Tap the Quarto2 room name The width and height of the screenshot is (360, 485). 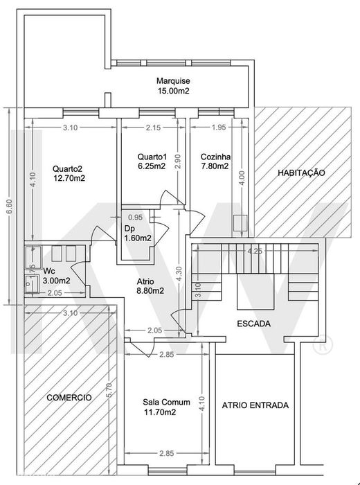[67, 167]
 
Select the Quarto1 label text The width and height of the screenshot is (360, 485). [152, 157]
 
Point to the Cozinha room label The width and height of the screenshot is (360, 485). [215, 157]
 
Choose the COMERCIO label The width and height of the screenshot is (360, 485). [69, 398]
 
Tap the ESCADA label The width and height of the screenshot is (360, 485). [253, 324]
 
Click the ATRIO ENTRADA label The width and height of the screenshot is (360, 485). [255, 405]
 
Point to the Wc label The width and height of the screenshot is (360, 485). [48, 271]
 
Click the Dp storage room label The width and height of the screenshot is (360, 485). [129, 228]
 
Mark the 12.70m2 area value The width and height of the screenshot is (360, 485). [69, 178]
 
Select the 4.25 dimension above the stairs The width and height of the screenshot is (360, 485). [255, 251]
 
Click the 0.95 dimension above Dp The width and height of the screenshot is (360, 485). [135, 217]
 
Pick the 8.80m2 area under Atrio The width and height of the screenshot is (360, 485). [150, 291]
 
